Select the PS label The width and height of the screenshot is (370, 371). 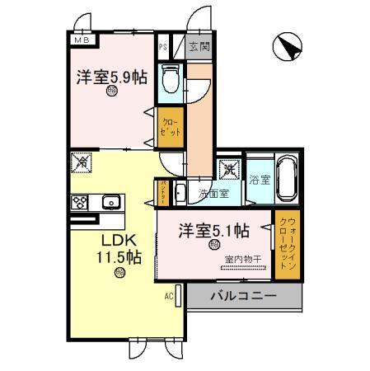click(163, 47)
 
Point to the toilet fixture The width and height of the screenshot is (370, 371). click(171, 78)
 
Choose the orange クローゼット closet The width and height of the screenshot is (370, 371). click(170, 127)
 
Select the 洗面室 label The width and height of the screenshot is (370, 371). click(213, 195)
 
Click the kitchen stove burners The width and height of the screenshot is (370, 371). click(81, 202)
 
